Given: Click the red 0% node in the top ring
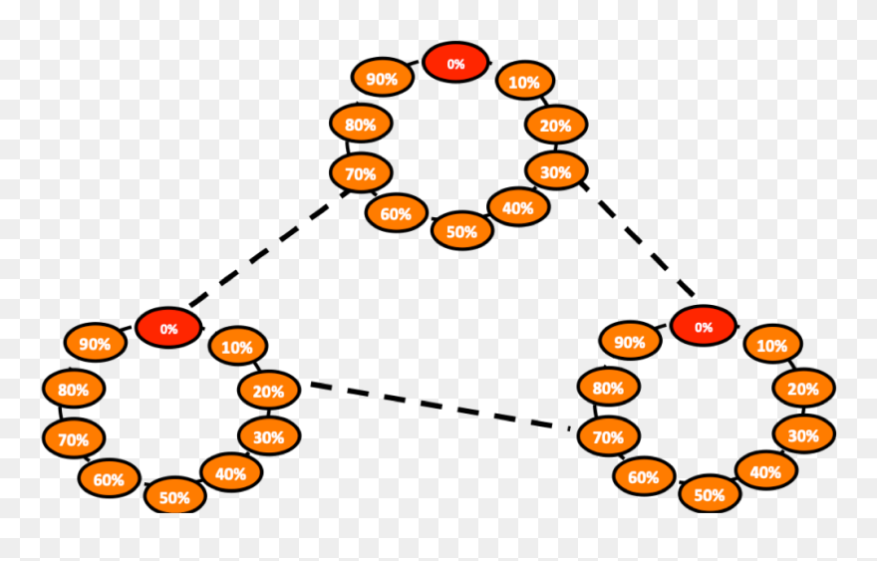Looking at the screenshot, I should click(x=455, y=63).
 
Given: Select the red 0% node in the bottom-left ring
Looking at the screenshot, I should click(x=168, y=328).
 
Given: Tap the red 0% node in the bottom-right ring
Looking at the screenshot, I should click(x=704, y=326).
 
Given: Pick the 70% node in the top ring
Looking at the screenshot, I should click(x=360, y=173).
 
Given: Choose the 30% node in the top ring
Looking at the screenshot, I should click(x=555, y=171).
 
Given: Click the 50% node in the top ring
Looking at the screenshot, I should click(x=461, y=231).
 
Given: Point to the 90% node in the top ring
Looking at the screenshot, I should click(x=383, y=79).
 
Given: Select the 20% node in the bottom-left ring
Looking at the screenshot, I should click(x=268, y=391).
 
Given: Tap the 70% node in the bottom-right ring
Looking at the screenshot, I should click(x=608, y=436).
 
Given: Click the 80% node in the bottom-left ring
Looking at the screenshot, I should click(x=73, y=390).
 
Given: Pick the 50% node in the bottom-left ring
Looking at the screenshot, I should click(x=174, y=496).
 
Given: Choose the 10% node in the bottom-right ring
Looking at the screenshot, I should click(x=772, y=346).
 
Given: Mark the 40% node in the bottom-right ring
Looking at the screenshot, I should click(x=765, y=471).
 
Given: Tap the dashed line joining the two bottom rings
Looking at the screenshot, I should click(x=438, y=406).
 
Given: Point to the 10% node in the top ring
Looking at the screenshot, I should click(x=523, y=82).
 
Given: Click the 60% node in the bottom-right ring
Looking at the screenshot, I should click(x=643, y=477).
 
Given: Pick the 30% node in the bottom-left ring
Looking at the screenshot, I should click(x=268, y=436).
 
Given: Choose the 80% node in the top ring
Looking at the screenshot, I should click(x=360, y=125).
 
